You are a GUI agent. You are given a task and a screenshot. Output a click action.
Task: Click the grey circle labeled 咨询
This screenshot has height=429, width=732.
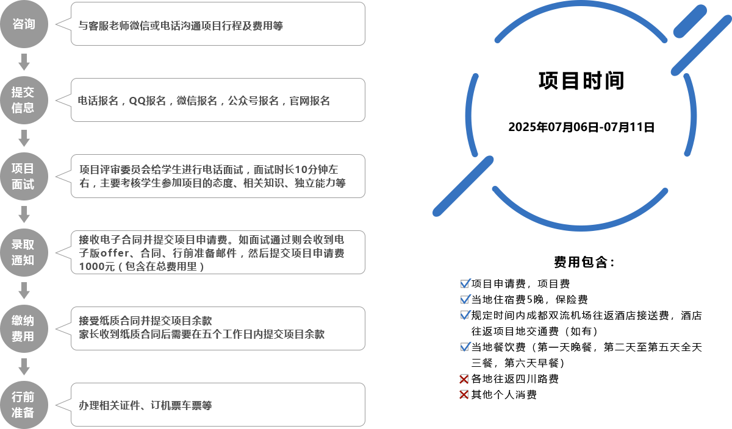click(24, 24)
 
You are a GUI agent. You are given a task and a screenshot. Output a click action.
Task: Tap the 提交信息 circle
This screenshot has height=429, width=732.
click(24, 100)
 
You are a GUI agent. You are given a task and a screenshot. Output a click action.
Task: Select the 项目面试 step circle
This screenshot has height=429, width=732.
click(24, 176)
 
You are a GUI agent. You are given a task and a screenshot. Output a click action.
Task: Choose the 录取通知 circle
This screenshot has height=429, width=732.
click(24, 252)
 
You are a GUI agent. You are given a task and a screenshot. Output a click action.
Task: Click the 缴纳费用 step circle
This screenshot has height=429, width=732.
click(24, 328)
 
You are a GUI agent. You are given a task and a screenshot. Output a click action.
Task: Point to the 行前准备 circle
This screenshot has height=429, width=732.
click(24, 405)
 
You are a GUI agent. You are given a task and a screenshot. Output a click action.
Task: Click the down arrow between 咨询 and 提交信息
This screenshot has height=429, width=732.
click(24, 62)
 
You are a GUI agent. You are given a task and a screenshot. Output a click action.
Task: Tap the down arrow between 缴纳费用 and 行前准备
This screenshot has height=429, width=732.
click(24, 367)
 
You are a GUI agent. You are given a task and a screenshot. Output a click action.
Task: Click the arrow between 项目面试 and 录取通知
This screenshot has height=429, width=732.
click(24, 214)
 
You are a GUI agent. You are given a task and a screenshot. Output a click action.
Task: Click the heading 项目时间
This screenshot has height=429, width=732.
click(581, 80)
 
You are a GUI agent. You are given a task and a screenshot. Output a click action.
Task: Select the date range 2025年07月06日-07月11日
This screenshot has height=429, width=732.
click(581, 127)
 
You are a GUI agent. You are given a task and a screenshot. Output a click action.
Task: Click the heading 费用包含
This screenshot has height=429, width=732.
click(584, 262)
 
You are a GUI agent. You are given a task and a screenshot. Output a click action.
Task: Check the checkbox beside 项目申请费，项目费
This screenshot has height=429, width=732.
click(465, 283)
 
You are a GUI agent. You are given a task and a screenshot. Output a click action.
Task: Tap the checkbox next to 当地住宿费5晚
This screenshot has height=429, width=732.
click(465, 299)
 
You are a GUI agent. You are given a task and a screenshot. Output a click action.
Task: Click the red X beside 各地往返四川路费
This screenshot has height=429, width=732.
click(464, 379)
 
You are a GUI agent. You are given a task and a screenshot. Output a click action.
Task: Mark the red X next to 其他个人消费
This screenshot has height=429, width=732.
click(464, 395)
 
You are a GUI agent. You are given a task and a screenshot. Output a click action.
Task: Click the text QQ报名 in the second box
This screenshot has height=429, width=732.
click(148, 101)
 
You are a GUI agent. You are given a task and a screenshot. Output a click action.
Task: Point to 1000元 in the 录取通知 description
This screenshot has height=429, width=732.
click(97, 266)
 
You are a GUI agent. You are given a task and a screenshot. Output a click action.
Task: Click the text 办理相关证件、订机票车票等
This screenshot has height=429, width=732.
click(145, 405)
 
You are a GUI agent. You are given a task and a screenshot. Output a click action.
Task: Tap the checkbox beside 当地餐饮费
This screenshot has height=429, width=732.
click(465, 347)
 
